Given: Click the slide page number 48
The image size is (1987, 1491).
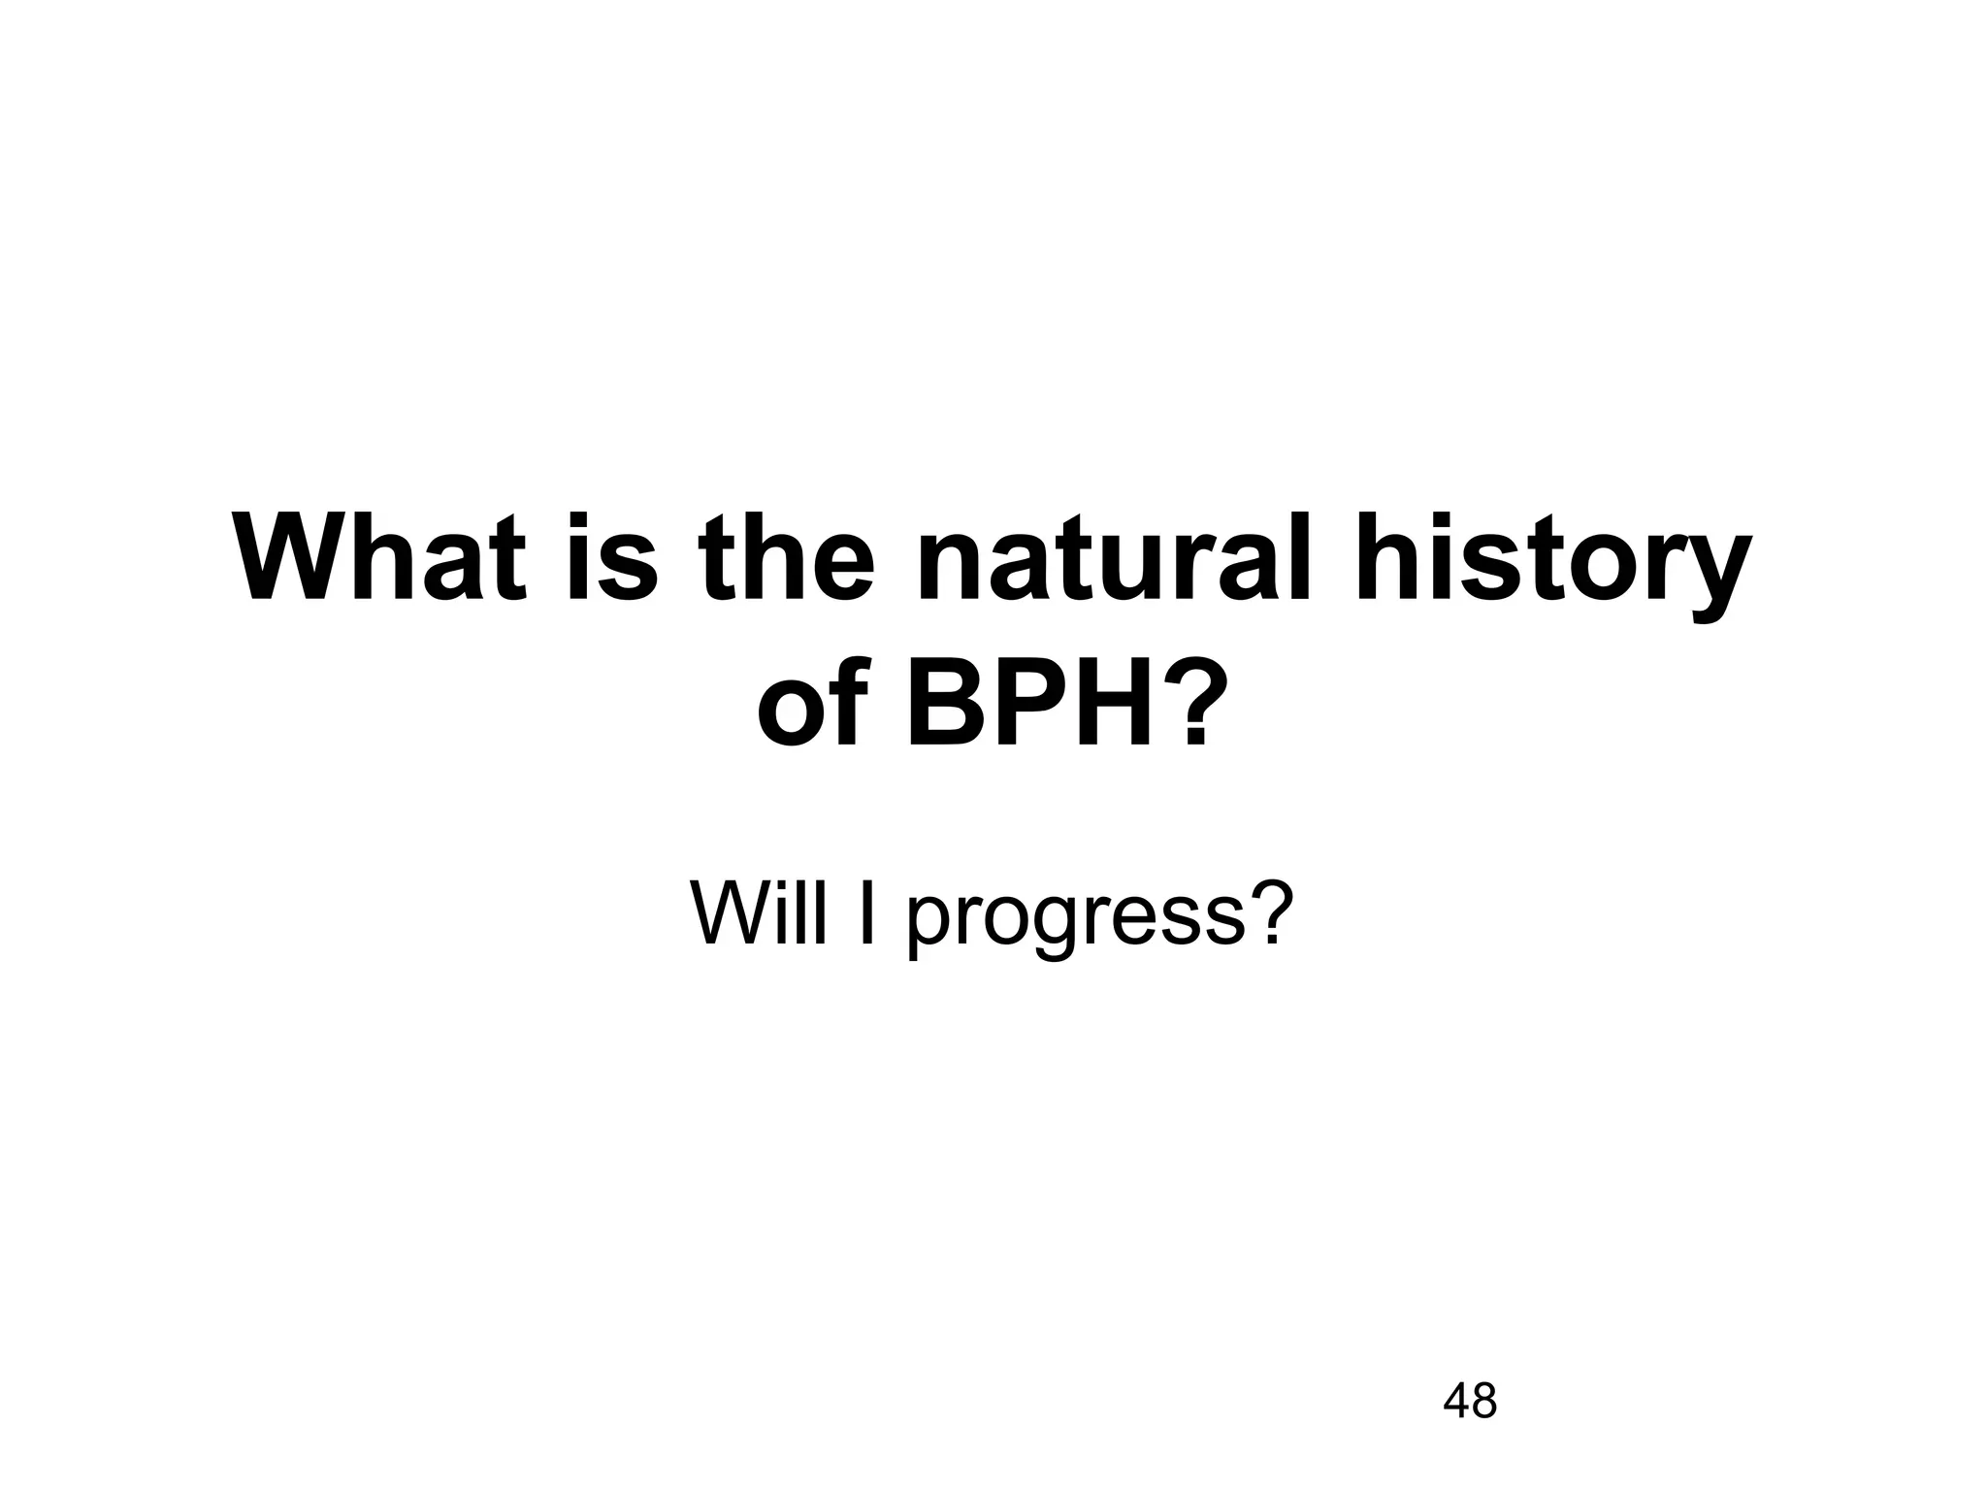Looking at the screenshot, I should tap(1470, 1401).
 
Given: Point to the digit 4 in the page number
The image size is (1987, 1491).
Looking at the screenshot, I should tap(1456, 1401).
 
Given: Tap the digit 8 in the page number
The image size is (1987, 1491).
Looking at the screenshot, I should tap(1484, 1401).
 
